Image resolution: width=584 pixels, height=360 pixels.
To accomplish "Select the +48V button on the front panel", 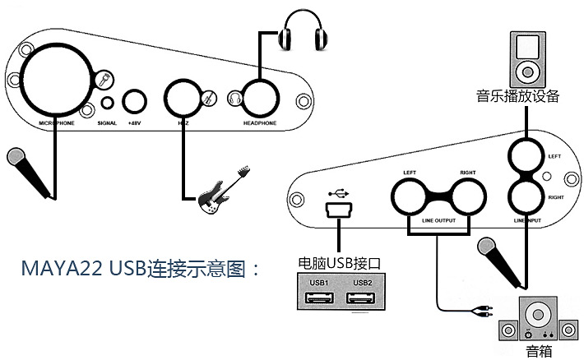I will [134, 103].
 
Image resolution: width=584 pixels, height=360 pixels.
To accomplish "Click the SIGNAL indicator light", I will [108, 104].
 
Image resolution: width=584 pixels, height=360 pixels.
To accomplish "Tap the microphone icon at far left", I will [30, 173].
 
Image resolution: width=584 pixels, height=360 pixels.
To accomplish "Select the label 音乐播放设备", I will [517, 96].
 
